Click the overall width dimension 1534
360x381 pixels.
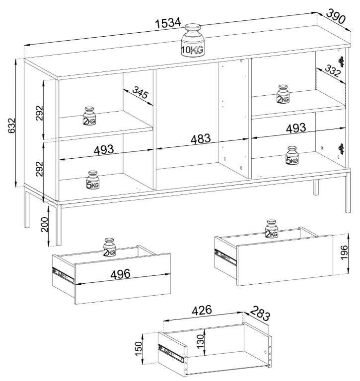coord(168,23)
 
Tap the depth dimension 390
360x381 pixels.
coord(336,16)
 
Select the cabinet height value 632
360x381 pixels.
coord(11,126)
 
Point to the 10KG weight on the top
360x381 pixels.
coord(192,40)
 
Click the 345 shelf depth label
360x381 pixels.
coord(141,92)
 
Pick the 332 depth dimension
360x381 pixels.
coord(332,71)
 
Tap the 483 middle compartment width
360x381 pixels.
coord(201,139)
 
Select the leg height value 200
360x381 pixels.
coord(45,225)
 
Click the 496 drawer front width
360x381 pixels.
coord(120,274)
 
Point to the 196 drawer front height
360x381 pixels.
coord(344,253)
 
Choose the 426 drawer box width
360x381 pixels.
coord(202,310)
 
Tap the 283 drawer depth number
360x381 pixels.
coord(260,314)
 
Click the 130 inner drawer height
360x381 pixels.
coord(201,341)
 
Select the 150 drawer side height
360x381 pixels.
coord(139,348)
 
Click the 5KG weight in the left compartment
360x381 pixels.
coord(93,180)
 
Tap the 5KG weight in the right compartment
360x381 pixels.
coord(292,155)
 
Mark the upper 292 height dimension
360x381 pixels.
coord(39,113)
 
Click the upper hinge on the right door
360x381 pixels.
coord(342,62)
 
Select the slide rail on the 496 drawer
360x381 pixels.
coord(63,275)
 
